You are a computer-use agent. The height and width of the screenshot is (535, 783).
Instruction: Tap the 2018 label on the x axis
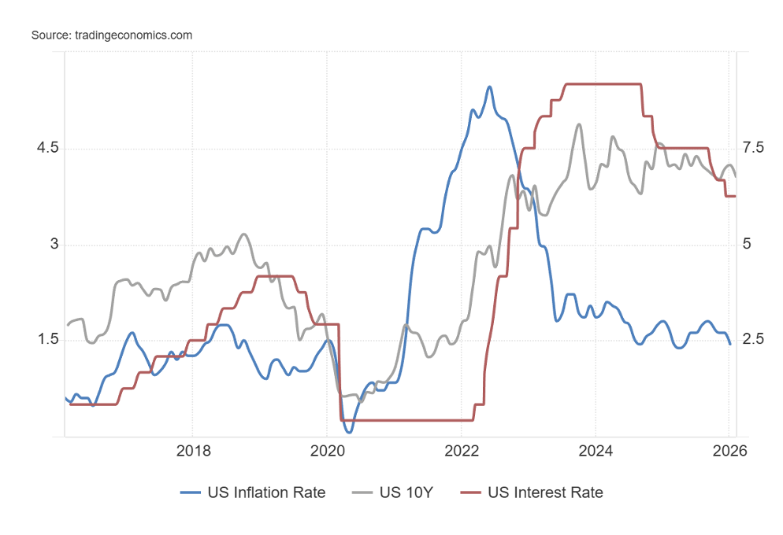click(x=193, y=451)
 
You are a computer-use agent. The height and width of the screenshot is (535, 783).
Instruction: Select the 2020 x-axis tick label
click(x=327, y=451)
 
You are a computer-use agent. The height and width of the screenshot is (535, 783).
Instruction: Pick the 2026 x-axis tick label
click(x=729, y=451)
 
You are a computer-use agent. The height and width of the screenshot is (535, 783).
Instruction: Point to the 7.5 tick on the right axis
click(x=753, y=149)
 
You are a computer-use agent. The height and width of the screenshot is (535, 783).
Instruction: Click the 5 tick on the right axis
click(x=747, y=245)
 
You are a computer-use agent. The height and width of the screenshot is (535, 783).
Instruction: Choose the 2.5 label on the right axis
click(x=753, y=340)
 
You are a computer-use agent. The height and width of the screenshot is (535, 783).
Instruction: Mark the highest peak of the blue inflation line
click(x=489, y=87)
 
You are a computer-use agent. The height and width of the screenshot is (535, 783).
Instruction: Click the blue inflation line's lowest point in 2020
click(x=349, y=432)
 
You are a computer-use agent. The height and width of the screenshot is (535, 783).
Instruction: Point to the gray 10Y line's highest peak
click(x=579, y=124)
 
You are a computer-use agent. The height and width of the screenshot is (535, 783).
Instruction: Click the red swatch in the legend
click(x=472, y=493)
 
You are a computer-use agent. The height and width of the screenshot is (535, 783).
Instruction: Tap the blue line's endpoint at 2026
click(x=729, y=344)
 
